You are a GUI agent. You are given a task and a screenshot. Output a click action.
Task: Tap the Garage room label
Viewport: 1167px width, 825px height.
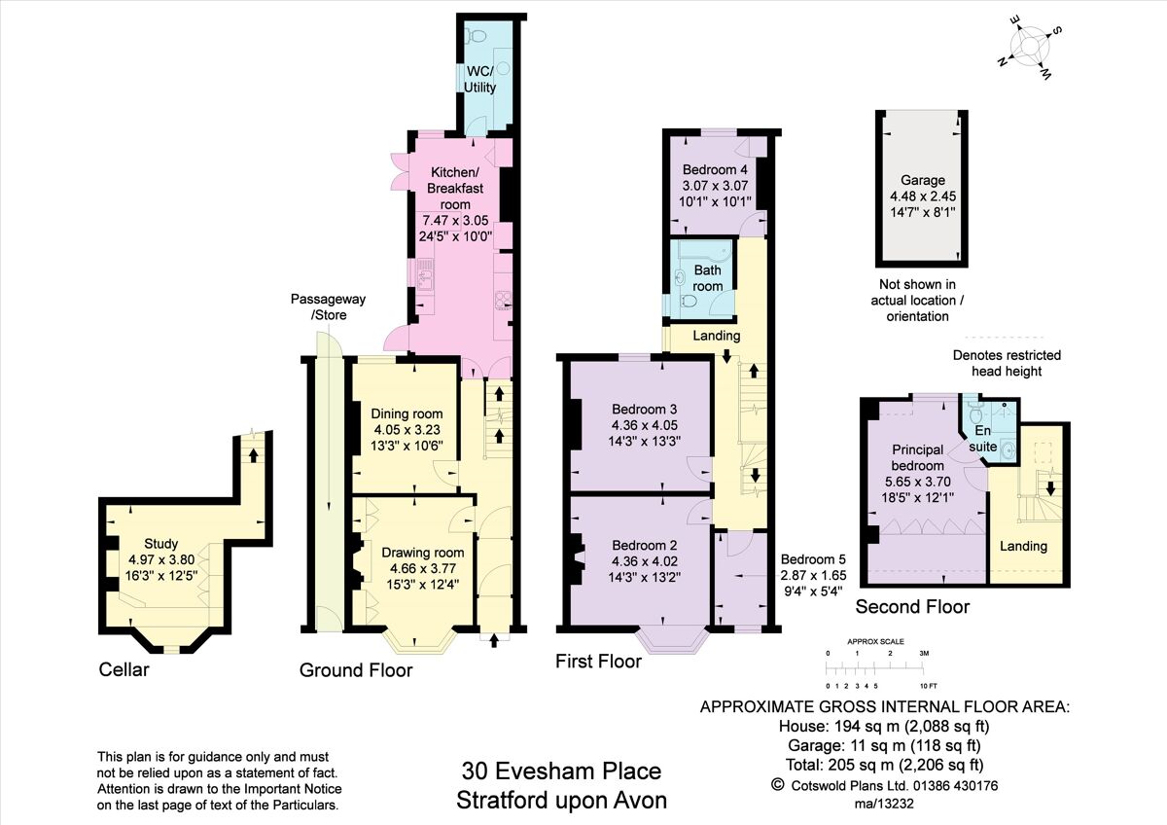click(922, 180)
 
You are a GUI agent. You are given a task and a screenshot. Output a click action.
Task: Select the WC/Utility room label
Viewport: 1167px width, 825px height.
click(479, 79)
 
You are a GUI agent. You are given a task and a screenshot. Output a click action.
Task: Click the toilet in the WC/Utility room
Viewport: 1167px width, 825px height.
click(475, 36)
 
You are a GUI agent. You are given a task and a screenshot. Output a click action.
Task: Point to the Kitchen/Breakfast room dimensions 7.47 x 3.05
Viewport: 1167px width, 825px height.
click(448, 220)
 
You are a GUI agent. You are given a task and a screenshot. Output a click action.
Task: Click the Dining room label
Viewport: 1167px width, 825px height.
click(407, 412)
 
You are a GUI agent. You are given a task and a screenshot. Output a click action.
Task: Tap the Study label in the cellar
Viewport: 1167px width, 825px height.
click(161, 543)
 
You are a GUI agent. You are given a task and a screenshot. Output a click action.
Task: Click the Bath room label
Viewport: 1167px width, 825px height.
click(707, 278)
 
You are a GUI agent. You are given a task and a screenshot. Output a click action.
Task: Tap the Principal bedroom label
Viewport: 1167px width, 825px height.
click(917, 457)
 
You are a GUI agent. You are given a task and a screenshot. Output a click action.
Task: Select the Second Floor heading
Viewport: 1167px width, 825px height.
click(911, 607)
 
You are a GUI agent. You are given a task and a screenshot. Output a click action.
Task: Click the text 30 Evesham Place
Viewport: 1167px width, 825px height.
click(561, 771)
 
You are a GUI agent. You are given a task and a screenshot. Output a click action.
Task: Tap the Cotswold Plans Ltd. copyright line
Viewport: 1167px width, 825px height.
click(884, 785)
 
